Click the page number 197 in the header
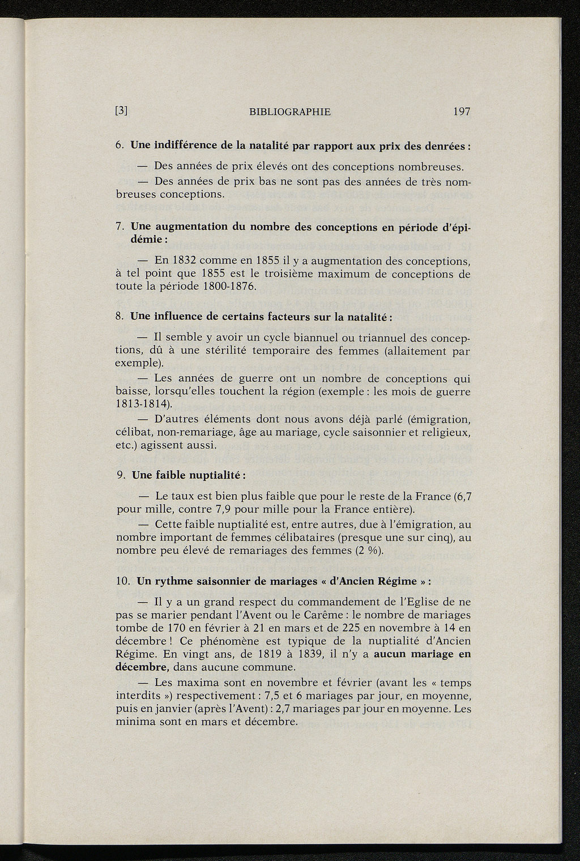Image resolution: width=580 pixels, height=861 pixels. [462, 112]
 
